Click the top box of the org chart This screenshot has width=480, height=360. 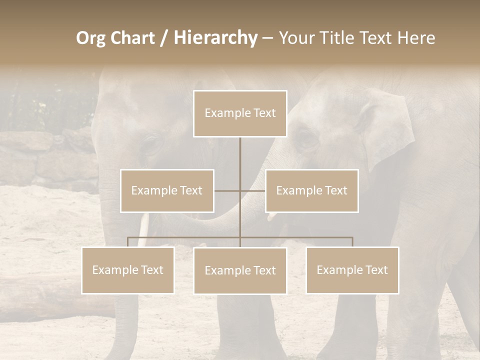point(240,113)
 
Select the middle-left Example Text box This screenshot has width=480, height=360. point(167,190)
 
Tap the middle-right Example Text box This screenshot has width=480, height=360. point(311,190)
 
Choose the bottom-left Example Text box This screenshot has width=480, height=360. point(127,270)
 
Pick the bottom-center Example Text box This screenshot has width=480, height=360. point(240,270)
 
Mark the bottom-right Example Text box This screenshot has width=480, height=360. point(352,270)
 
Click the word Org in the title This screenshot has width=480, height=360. point(90,38)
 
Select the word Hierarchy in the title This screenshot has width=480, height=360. point(215,38)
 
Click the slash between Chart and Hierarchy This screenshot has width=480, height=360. point(164,38)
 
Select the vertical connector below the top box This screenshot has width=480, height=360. point(240,160)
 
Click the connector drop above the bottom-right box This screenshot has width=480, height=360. point(352,242)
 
